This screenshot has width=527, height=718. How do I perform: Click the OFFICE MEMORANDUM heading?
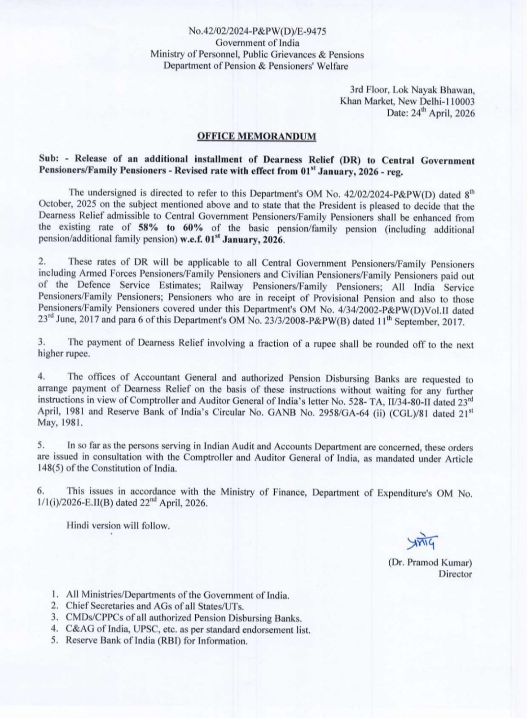(256, 136)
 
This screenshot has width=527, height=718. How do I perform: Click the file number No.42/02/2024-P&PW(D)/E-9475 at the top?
(257, 31)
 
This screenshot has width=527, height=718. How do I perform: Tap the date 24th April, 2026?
(443, 113)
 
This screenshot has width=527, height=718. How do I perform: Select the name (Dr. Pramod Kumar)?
(430, 563)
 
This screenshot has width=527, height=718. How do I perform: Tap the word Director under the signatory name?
(455, 574)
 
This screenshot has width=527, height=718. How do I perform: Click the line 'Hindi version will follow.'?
(118, 525)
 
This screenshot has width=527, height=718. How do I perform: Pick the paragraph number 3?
(41, 342)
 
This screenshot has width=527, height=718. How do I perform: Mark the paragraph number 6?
(41, 491)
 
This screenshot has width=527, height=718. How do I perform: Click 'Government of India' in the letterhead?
(257, 43)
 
